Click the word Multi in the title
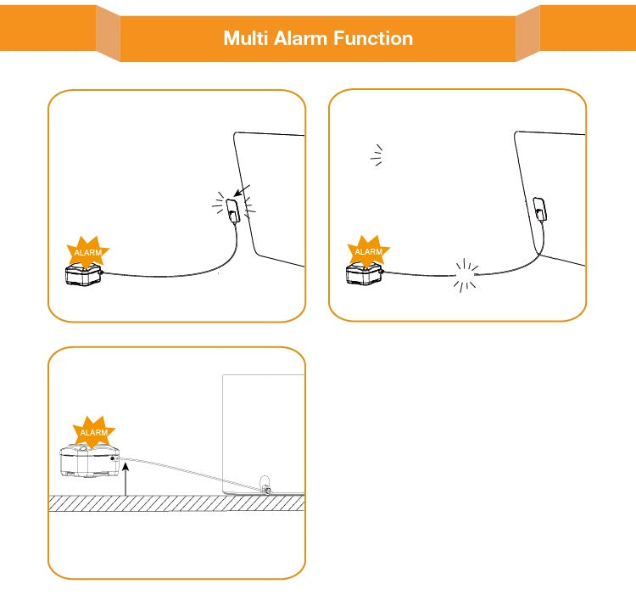point(244,38)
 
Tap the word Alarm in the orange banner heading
point(298,38)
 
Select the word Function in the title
point(372,38)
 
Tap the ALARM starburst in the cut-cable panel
point(368,251)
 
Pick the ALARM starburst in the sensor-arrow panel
point(87,252)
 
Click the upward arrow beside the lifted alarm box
point(125,478)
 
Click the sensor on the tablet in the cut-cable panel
point(539,206)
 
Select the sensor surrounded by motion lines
point(232,209)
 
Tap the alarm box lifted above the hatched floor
point(89,462)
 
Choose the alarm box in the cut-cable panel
point(365,272)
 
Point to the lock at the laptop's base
point(265,486)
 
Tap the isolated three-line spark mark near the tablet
point(377,154)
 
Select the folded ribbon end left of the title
point(108,32)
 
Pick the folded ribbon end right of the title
point(527,32)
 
